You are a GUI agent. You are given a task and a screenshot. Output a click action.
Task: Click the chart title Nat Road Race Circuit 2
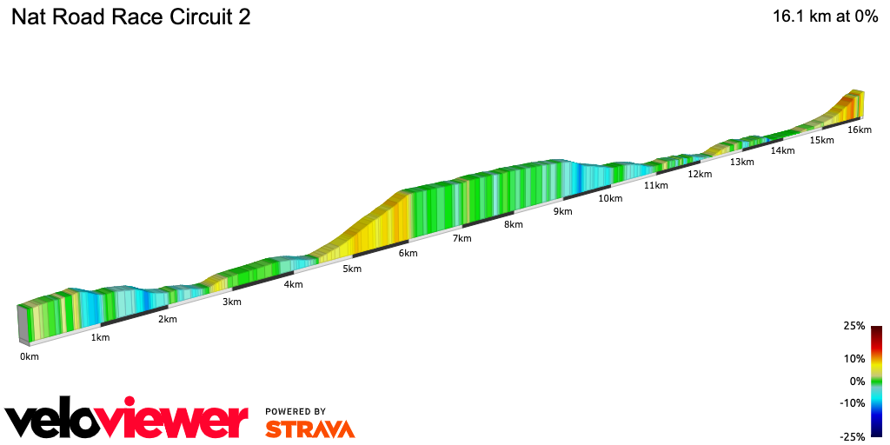click(x=130, y=17)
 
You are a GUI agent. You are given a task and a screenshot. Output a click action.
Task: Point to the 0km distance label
click(x=30, y=356)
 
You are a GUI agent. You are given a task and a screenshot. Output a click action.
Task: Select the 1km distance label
click(x=100, y=337)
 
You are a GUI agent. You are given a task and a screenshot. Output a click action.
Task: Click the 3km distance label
click(x=232, y=302)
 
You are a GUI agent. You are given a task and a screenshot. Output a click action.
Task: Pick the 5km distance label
click(x=352, y=269)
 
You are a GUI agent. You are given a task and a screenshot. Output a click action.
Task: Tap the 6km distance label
click(x=408, y=254)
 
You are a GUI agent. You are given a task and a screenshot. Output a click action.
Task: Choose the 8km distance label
click(x=514, y=224)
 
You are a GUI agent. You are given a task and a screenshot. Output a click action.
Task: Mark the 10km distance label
click(x=610, y=198)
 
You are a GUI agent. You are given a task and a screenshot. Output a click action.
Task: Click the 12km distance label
click(x=700, y=174)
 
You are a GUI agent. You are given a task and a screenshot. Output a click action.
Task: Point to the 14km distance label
click(x=782, y=150)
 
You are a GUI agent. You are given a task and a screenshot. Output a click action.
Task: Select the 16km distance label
click(x=859, y=130)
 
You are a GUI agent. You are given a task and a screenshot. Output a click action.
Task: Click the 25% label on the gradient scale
click(x=853, y=326)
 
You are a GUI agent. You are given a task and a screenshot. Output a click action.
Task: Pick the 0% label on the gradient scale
click(x=856, y=381)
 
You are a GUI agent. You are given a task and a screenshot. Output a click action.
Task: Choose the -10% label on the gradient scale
click(x=852, y=402)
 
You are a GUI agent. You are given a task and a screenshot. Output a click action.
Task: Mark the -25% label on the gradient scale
click(x=852, y=436)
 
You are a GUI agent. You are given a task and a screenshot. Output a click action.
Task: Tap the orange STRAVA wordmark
click(x=309, y=428)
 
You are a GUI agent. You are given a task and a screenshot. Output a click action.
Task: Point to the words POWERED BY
click(x=296, y=411)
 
